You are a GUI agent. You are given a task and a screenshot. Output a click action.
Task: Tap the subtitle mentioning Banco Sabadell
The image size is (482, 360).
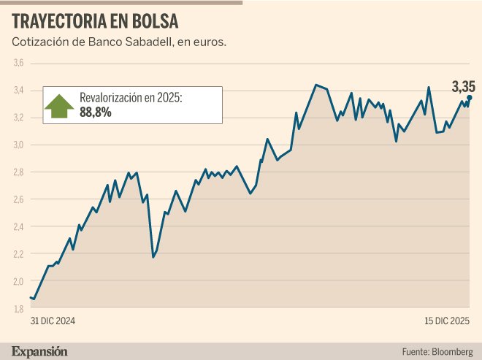[119, 42]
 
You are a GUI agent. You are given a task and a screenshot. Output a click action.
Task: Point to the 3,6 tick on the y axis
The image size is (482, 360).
[18, 64]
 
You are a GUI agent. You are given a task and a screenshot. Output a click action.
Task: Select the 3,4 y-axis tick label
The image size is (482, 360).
[18, 91]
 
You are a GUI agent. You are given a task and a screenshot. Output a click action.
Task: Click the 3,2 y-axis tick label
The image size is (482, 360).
[18, 118]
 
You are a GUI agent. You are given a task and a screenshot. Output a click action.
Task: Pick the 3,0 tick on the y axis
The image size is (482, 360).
[18, 145]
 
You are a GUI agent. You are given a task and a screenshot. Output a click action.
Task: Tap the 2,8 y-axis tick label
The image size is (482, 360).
[18, 172]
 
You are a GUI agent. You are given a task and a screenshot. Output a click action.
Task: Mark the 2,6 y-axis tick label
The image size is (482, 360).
[18, 199]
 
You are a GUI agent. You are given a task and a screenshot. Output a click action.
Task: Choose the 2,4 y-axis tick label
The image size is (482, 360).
[18, 226]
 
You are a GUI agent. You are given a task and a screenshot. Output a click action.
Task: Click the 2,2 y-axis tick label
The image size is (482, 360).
[18, 253]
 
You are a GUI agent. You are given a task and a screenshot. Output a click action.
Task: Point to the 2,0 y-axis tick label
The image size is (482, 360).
[18, 281]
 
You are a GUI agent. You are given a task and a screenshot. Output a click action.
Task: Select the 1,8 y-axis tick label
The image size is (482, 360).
[18, 308]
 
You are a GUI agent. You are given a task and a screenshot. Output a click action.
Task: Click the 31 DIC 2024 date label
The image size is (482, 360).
[53, 321]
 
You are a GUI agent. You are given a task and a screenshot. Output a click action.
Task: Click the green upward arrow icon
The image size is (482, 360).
[59, 104]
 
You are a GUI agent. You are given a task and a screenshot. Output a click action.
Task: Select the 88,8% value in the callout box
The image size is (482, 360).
[96, 112]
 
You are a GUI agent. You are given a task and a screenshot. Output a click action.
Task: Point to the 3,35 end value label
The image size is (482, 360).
[463, 87]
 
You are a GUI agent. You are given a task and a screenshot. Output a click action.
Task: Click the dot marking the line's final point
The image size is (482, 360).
[470, 97]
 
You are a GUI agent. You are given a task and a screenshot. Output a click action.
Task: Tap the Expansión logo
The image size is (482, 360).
[40, 351]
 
